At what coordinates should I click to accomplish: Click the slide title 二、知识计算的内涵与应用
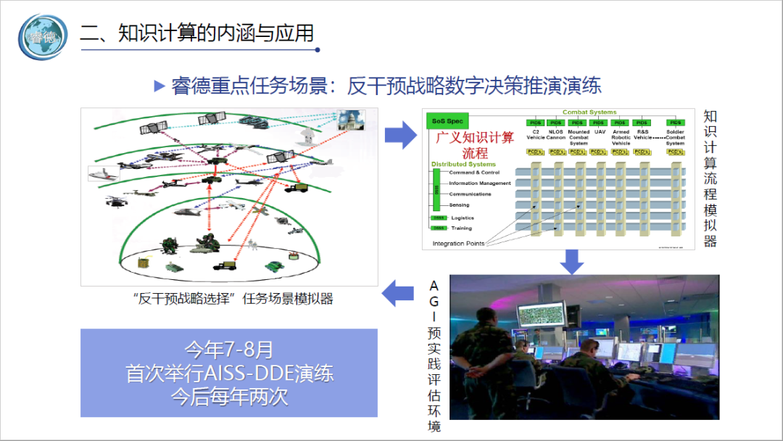point(197,33)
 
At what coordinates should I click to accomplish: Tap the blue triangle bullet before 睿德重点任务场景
point(160,86)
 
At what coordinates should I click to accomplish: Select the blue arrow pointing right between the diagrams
point(399,134)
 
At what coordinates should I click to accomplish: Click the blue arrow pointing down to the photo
point(572,262)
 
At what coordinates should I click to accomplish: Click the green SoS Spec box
point(447,120)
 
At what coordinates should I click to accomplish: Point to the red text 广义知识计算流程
point(474,145)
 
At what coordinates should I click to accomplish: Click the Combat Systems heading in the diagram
point(589,112)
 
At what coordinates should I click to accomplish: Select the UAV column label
point(600,132)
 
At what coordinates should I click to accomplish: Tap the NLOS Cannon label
point(556,135)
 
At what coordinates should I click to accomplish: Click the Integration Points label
point(458,244)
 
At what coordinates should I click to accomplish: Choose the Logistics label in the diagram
point(462,218)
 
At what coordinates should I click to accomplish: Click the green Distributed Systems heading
point(463,165)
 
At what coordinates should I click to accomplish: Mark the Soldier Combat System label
point(675,137)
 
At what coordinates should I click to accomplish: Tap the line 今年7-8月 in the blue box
point(228,350)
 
